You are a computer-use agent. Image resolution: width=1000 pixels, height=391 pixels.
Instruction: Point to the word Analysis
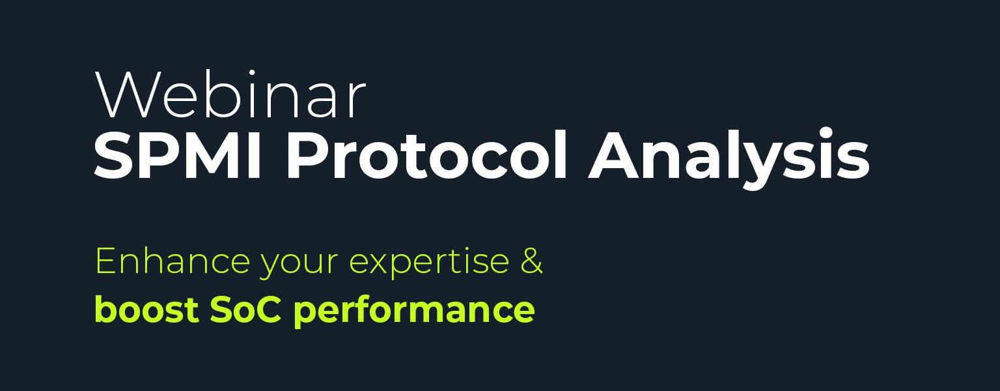point(729,157)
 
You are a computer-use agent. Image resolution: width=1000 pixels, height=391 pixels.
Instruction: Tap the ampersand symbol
point(532,261)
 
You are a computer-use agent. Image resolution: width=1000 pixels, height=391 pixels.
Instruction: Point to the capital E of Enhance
point(105,261)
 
